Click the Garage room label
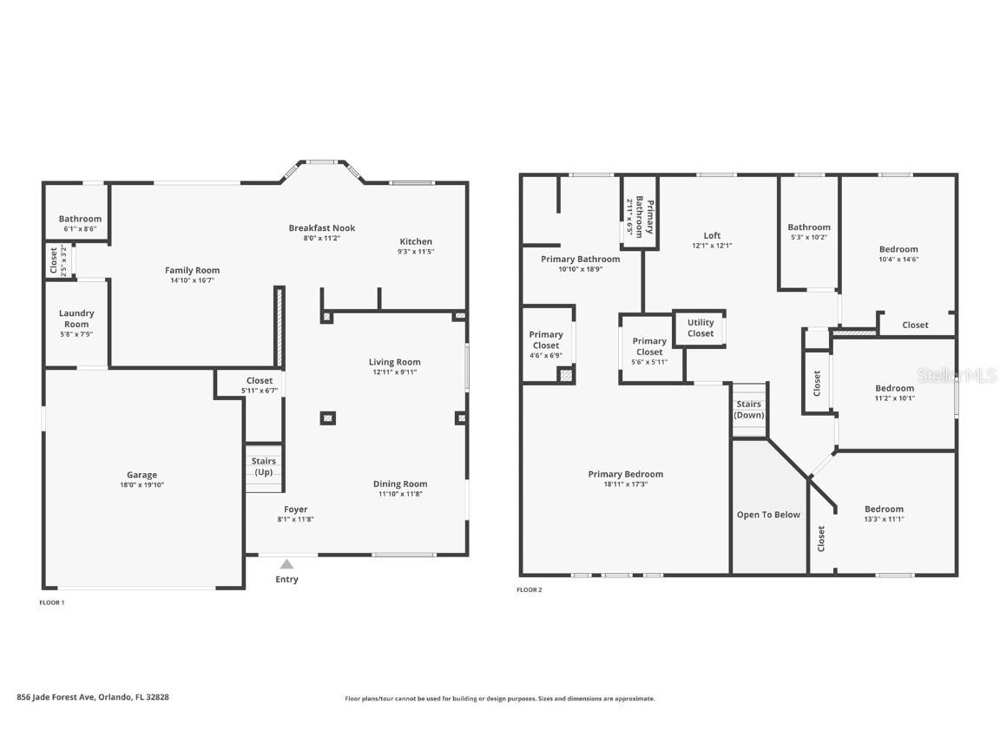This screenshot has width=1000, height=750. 141,475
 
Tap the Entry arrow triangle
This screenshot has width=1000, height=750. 287,563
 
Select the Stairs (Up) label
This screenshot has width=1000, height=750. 263,466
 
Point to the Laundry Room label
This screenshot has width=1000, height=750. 76,319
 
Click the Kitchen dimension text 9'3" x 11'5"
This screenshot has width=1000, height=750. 416,251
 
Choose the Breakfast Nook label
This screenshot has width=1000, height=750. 322,227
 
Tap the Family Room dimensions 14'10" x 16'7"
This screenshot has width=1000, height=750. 193,280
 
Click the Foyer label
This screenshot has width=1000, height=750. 296,509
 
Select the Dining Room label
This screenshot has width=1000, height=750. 400,484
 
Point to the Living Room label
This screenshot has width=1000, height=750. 395,362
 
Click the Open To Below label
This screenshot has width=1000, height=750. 768,515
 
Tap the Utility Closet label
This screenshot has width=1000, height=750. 701,328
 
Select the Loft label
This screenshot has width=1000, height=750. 713,235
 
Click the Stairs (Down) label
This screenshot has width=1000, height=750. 749,410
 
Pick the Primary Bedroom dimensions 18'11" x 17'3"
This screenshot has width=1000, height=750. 626,484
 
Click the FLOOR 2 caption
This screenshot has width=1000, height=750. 530,590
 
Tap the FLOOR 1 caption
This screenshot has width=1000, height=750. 52,602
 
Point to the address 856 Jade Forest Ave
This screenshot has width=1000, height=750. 56,697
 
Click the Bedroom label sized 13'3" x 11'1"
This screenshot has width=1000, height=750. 884,509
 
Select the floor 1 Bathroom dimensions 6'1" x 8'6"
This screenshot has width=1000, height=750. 81,229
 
